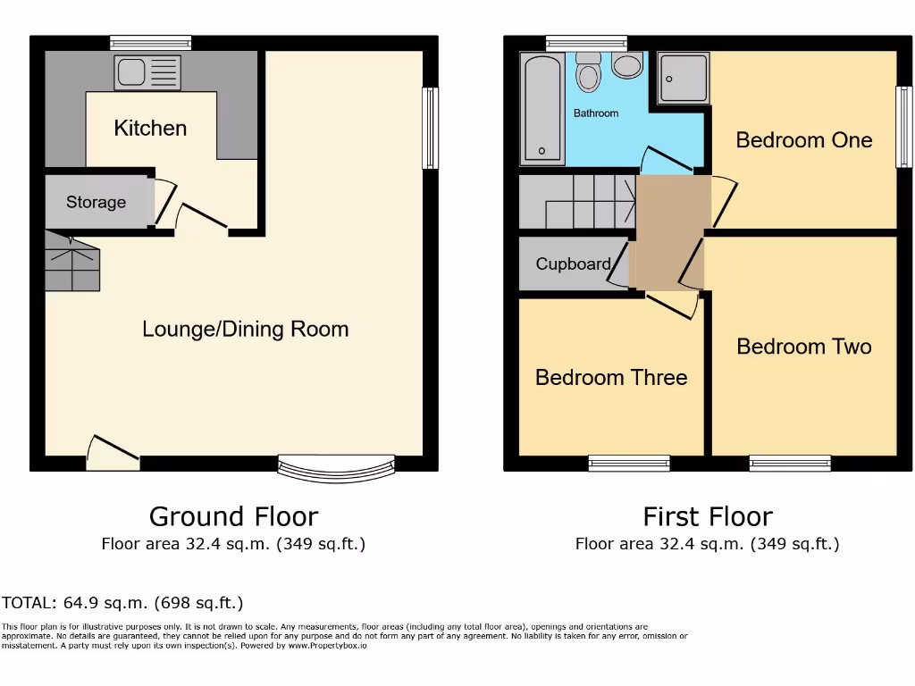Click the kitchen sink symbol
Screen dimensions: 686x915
147,72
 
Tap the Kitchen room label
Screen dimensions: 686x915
150,129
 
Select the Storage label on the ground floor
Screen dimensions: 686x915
96,203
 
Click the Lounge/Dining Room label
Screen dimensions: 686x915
245,330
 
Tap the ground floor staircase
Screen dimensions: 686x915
71,262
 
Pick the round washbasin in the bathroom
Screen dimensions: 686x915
628,67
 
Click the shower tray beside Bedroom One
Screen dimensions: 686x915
684,78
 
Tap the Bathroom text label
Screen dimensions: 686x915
596,113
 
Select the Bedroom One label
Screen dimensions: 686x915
803,140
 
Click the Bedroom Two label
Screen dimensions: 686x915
803,347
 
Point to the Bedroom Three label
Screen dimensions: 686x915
611,378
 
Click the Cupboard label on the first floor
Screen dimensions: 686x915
573,264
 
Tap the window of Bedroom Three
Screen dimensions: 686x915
629,463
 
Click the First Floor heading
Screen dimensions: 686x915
707,516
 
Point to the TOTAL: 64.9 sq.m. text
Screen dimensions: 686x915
122,603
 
